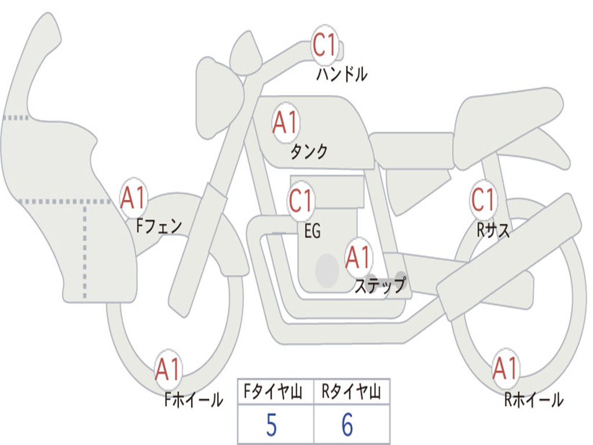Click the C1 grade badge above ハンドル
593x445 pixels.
324,45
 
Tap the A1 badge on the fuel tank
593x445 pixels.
286,123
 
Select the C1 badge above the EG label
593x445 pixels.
301,200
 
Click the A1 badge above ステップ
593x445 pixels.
358,257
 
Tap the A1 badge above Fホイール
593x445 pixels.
169,369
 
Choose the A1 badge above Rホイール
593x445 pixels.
506,368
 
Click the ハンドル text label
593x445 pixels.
342,74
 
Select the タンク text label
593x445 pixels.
309,151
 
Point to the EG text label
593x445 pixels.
312,231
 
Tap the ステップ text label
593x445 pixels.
380,285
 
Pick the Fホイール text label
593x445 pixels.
193,400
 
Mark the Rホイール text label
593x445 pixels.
534,400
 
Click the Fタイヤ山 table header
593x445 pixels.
273,391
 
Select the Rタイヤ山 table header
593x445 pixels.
352,391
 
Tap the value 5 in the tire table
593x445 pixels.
272,425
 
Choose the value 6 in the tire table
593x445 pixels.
347,424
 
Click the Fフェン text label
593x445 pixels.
159,226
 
